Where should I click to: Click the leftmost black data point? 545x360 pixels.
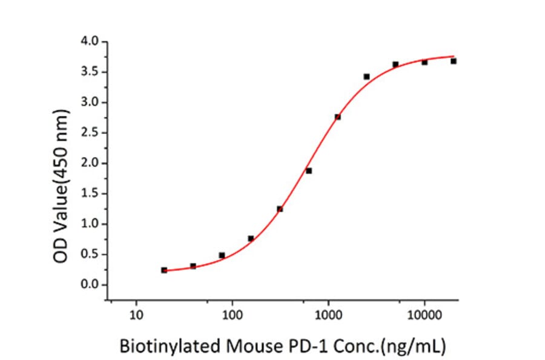click(x=164, y=270)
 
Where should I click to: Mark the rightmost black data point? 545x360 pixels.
click(x=453, y=61)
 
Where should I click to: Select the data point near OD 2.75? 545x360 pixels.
click(x=337, y=117)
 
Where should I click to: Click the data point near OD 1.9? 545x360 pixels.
click(x=309, y=171)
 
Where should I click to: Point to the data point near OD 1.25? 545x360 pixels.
click(x=280, y=209)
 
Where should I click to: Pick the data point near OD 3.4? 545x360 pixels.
click(x=366, y=76)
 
